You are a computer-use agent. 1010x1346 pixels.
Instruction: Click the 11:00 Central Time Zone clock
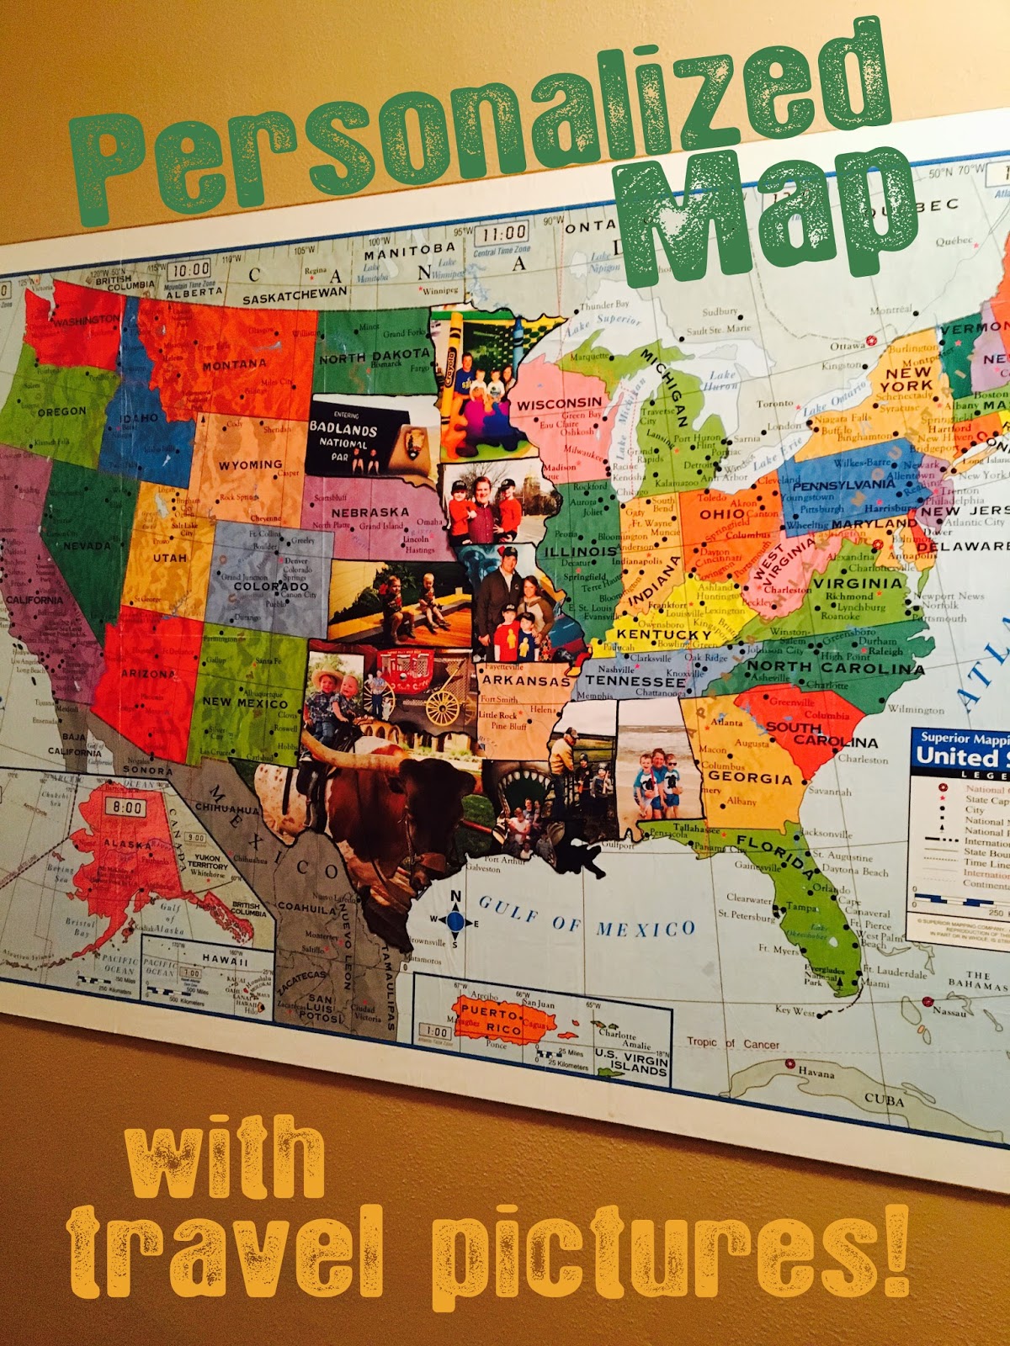click(502, 233)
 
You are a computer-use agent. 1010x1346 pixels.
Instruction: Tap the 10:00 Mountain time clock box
click(189, 269)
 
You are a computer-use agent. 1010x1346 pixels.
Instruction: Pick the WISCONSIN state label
click(560, 405)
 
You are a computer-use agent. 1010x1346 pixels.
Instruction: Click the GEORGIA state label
click(751, 778)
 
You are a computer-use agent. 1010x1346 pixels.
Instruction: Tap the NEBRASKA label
click(370, 512)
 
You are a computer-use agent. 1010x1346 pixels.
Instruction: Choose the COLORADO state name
click(271, 586)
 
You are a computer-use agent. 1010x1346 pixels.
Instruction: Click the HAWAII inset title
click(225, 960)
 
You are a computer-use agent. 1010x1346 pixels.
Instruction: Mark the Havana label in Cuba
click(816, 1073)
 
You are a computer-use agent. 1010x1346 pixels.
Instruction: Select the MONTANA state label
click(234, 365)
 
